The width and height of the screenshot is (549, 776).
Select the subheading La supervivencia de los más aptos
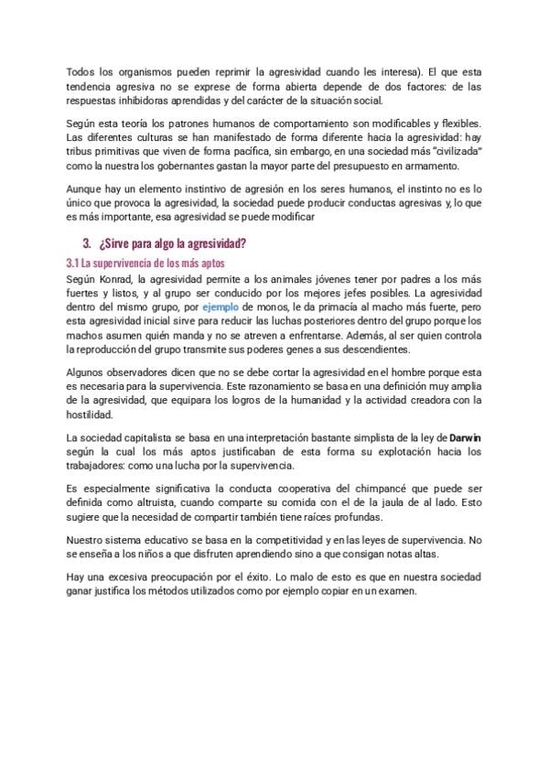151,264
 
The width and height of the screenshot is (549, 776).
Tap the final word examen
396,591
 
